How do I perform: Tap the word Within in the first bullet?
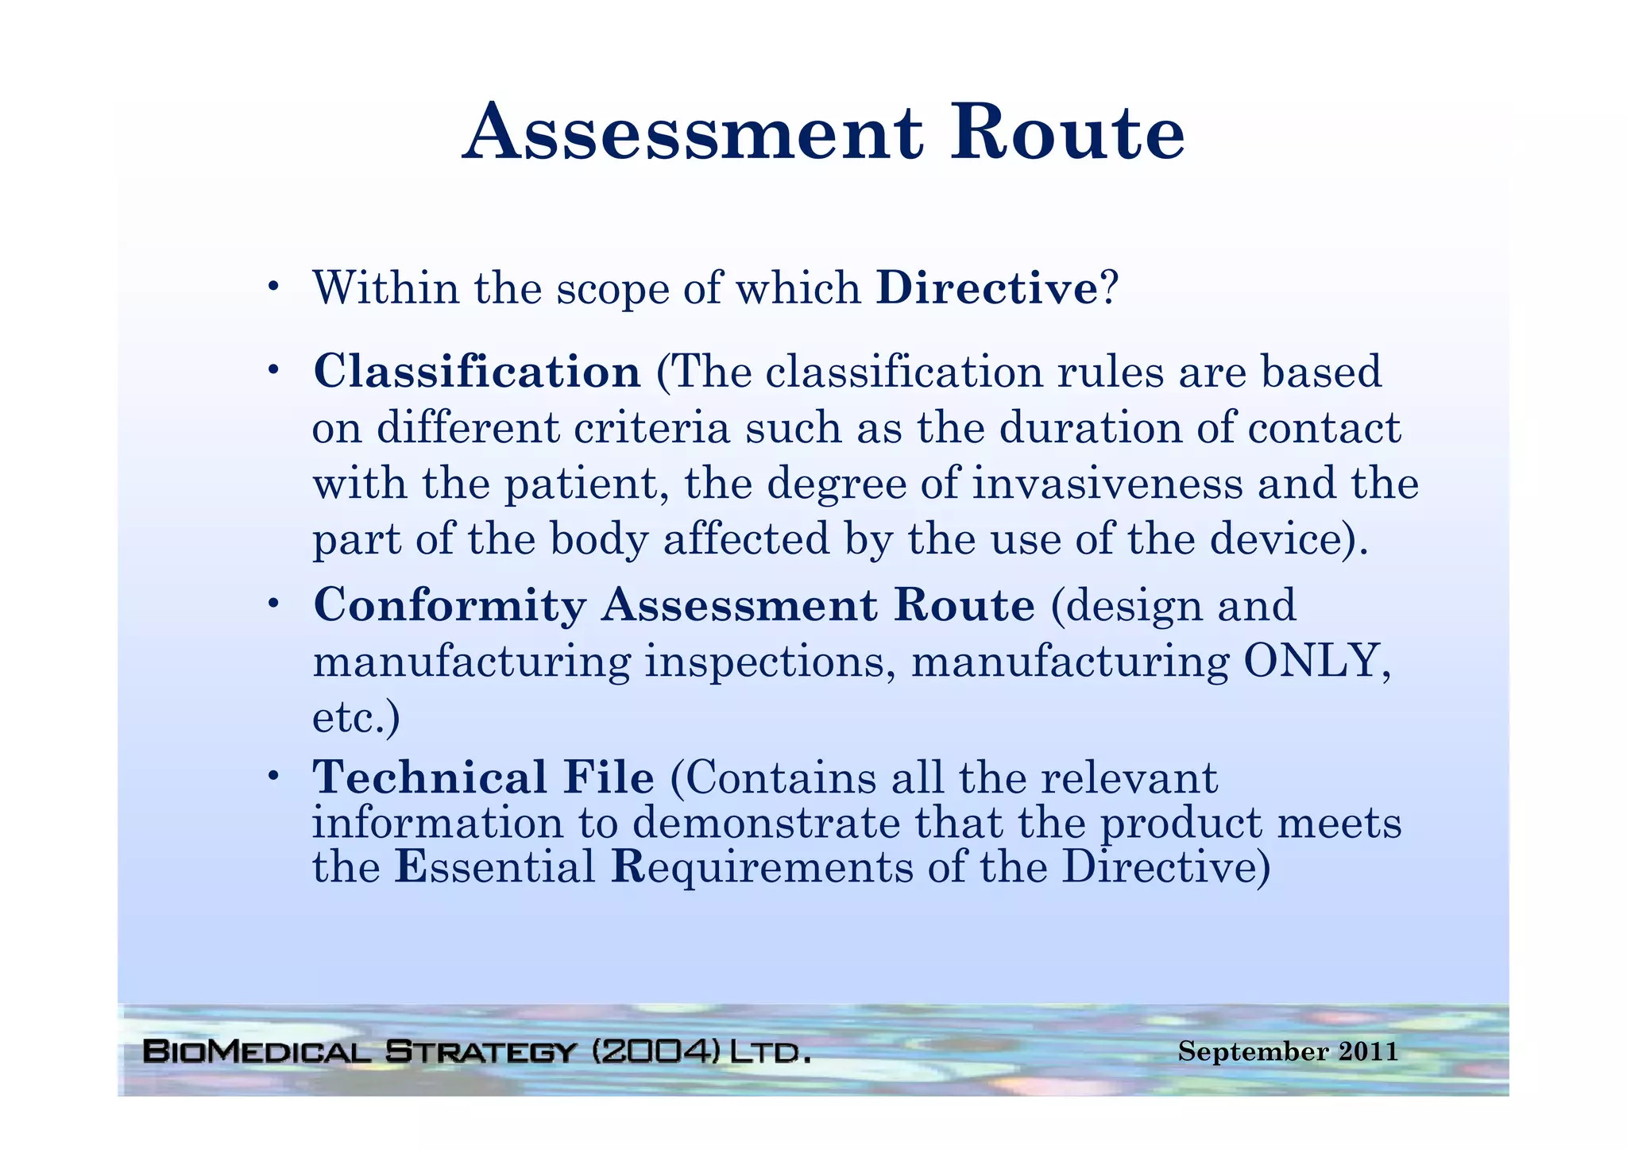coord(386,288)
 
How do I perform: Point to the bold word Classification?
coord(477,372)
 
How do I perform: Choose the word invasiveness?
coord(1107,484)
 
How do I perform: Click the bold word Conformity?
coord(450,606)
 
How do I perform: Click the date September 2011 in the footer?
coord(1288,1052)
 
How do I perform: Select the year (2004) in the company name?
coord(656,1052)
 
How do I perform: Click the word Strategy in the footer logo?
coord(480,1052)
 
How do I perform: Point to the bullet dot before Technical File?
coord(272,774)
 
